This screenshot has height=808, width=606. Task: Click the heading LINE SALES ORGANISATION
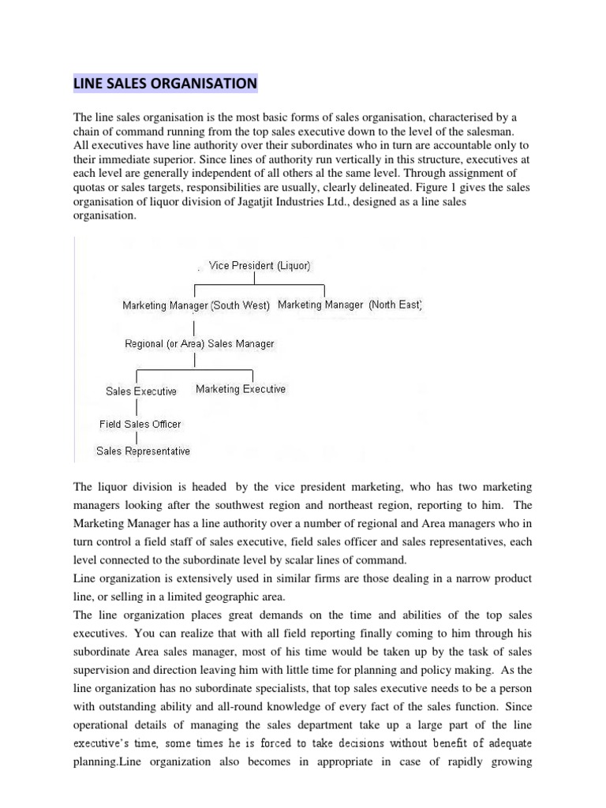click(x=165, y=83)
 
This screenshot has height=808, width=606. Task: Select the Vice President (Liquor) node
click(x=253, y=266)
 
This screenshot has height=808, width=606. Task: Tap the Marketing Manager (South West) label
click(x=196, y=305)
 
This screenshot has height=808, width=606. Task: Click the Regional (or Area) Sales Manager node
click(x=199, y=344)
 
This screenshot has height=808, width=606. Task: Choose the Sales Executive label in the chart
click(x=141, y=391)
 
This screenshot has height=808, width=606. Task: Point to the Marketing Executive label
click(x=241, y=389)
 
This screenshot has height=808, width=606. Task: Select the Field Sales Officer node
click(x=140, y=424)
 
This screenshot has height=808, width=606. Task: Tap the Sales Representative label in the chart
click(x=143, y=451)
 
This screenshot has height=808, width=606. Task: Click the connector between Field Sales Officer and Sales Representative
click(x=138, y=437)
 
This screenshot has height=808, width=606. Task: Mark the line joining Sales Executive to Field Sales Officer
click(x=138, y=407)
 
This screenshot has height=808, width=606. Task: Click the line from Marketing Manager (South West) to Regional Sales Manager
click(x=194, y=324)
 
